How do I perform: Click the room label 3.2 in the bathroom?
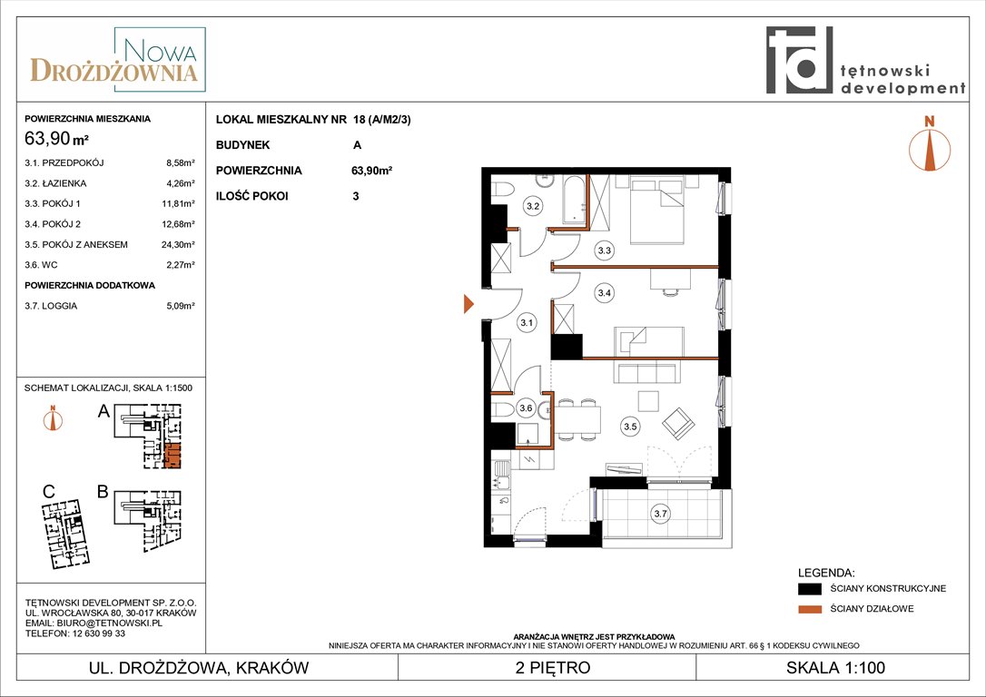pyautogui.click(x=533, y=205)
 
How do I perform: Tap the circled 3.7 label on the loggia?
pyautogui.click(x=660, y=514)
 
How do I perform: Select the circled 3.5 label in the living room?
pyautogui.click(x=630, y=427)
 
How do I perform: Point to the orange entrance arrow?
pyautogui.click(x=468, y=303)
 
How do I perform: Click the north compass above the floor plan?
pyautogui.click(x=930, y=143)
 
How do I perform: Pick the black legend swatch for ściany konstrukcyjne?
pyautogui.click(x=810, y=589)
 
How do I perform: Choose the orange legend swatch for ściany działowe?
pyautogui.click(x=810, y=609)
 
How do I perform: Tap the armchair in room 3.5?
pyautogui.click(x=678, y=423)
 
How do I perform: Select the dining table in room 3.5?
pyautogui.click(x=578, y=419)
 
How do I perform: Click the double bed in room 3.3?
pyautogui.click(x=656, y=211)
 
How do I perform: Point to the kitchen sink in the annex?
pyautogui.click(x=501, y=475)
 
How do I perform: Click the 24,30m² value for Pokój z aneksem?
pyautogui.click(x=178, y=244)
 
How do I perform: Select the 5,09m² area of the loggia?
pyautogui.click(x=181, y=306)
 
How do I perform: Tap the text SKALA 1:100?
pyautogui.click(x=835, y=667)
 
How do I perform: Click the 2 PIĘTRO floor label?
pyautogui.click(x=553, y=667)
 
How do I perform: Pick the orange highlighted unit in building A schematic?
pyautogui.click(x=173, y=456)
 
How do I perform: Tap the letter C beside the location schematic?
pyautogui.click(x=49, y=492)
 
